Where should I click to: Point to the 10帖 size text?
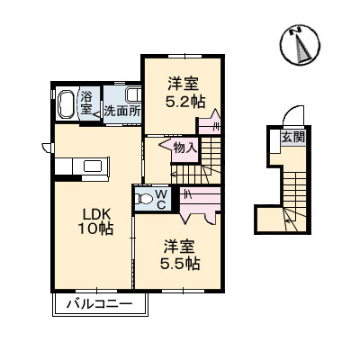click(96, 229)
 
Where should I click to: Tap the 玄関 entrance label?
click(292, 137)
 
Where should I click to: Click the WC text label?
click(160, 198)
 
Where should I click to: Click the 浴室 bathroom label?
click(87, 101)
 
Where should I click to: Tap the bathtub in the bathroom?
click(67, 104)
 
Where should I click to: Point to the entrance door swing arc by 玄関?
click(287, 116)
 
